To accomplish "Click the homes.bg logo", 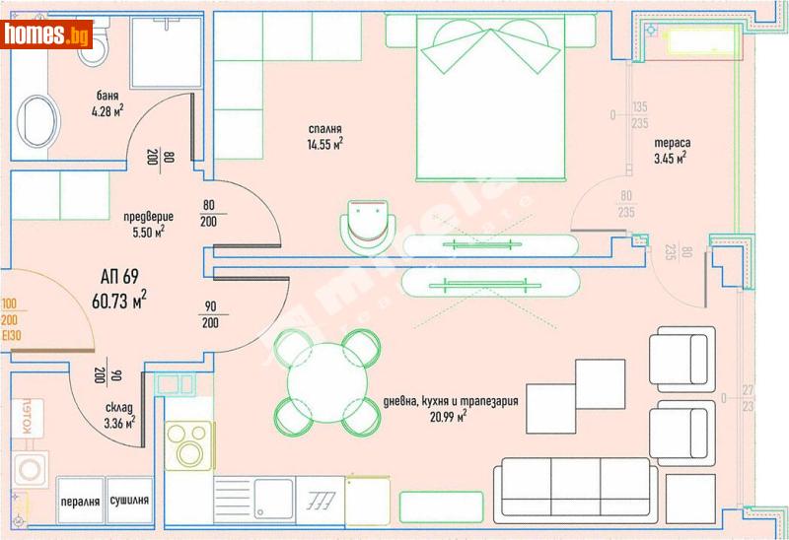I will (x=47, y=34).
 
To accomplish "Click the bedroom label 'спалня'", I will (x=323, y=129).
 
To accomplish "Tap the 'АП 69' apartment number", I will (x=121, y=275).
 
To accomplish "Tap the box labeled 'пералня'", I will (x=80, y=500).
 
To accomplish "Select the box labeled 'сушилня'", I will (x=129, y=500).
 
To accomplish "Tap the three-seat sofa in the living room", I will (x=577, y=489).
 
